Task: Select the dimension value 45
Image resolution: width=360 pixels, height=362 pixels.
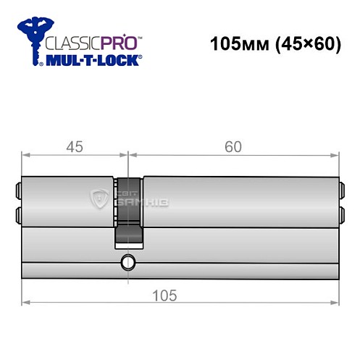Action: click(x=74, y=146)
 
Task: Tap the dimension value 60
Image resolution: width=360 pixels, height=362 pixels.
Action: click(x=233, y=146)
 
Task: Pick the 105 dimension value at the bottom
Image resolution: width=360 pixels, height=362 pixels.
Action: click(x=167, y=295)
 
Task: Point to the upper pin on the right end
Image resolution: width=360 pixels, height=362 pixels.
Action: click(x=342, y=192)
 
